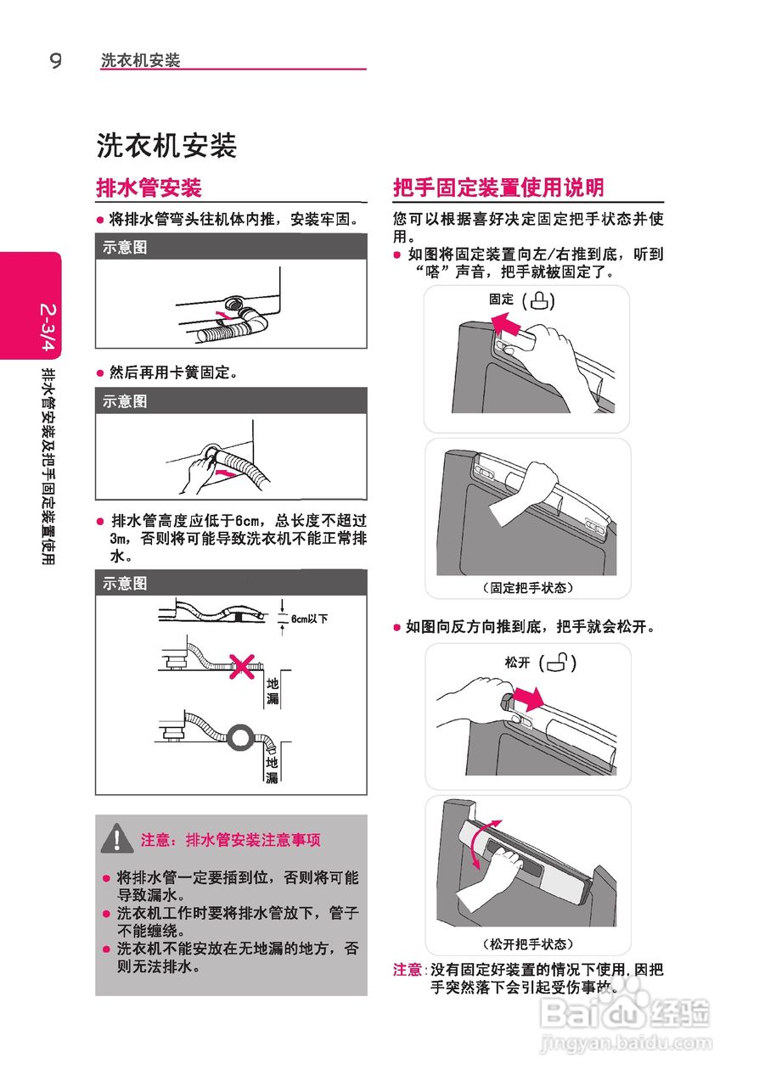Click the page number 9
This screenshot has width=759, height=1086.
[56, 60]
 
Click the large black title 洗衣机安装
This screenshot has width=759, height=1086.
[166, 145]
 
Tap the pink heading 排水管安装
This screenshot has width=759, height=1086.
[149, 188]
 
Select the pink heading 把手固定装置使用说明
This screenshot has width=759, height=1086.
[498, 188]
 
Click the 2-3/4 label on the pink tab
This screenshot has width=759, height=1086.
[48, 327]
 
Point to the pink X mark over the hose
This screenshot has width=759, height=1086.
[242, 667]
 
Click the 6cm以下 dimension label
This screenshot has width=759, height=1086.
[309, 619]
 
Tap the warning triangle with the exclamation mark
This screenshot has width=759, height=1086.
[117, 837]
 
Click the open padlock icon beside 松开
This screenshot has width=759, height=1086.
[558, 662]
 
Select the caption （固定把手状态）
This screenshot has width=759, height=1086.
[528, 588]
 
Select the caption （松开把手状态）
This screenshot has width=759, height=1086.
[528, 944]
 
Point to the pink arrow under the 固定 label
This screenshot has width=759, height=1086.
[505, 323]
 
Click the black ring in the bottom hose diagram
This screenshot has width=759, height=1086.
[239, 738]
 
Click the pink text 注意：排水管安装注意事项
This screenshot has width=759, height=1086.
[231, 840]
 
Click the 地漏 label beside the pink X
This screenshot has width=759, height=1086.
[273, 691]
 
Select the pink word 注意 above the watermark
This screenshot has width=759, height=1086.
[408, 969]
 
